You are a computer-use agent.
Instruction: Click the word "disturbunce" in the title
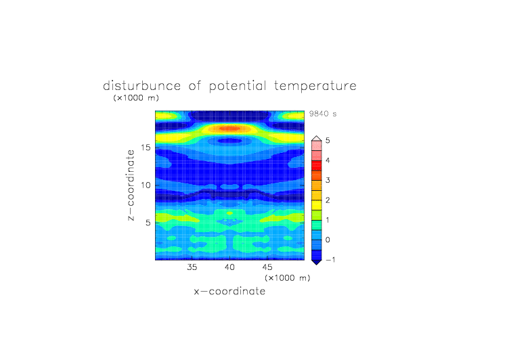tap(141, 86)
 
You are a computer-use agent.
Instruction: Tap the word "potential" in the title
tap(238, 86)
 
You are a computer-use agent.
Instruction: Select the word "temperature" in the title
tap(315, 86)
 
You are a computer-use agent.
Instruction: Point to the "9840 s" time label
tap(323, 114)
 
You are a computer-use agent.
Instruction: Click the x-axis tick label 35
tap(192, 267)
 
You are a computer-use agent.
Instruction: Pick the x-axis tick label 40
tap(229, 267)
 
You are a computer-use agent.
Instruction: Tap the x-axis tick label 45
tap(267, 267)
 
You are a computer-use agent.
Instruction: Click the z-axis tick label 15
tap(146, 148)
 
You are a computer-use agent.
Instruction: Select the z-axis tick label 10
tap(146, 185)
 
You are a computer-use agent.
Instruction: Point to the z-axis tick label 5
tap(148, 223)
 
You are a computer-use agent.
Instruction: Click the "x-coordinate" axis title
tap(229, 291)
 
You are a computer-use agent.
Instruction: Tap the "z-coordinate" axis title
tap(131, 185)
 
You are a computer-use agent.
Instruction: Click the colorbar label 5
tap(328, 140)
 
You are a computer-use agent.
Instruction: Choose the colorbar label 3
tap(328, 180)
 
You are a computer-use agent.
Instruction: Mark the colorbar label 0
tap(328, 240)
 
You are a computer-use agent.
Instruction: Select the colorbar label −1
tap(330, 259)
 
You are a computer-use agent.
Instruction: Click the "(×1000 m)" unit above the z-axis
tap(136, 97)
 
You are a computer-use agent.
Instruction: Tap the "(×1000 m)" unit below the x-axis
tap(287, 278)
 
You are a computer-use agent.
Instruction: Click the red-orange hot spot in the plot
tap(229, 129)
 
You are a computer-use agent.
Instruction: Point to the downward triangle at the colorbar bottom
tap(317, 262)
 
